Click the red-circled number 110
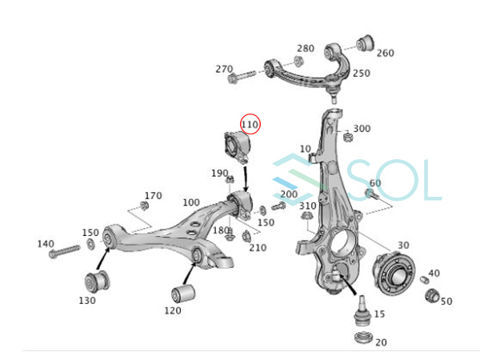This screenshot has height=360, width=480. click(x=250, y=125)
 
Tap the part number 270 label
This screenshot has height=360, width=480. click(x=224, y=69)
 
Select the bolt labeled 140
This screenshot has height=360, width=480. click(x=64, y=251)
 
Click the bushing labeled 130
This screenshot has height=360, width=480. click(x=97, y=282)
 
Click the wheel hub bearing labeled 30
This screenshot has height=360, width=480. click(x=394, y=273)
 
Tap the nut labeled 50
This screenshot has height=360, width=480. click(x=432, y=294)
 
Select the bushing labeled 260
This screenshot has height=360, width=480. click(x=366, y=43)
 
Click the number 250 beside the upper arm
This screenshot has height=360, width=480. click(x=362, y=74)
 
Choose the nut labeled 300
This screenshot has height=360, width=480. click(x=347, y=136)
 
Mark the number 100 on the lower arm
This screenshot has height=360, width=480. click(x=191, y=202)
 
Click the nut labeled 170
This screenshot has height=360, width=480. click(x=144, y=206)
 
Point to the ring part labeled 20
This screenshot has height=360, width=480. click(x=363, y=338)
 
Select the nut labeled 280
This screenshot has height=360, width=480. click(x=298, y=61)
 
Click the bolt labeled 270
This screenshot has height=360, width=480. click(x=242, y=77)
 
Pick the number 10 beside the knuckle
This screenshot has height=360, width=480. click(x=306, y=149)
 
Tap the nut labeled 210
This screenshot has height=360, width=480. click(x=246, y=236)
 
